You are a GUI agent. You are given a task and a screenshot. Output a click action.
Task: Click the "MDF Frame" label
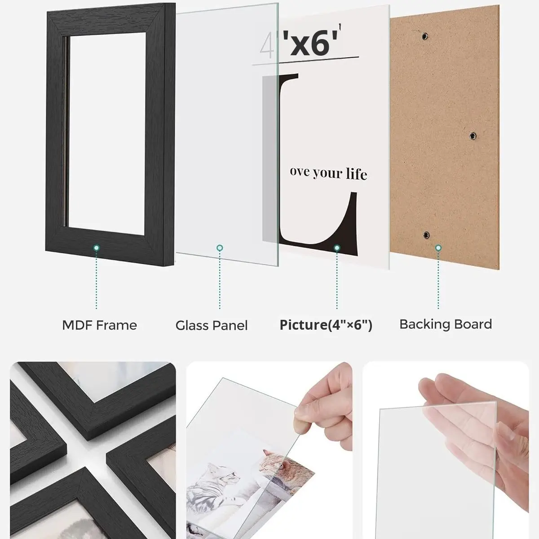pos(99,326)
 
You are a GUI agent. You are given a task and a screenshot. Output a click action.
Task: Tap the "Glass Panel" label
pos(212,326)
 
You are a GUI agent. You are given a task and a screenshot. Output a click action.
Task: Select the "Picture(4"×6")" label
pos(326,325)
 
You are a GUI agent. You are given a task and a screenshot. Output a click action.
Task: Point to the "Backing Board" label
pos(446,324)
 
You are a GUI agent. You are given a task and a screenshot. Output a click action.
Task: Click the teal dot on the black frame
pos(97,247)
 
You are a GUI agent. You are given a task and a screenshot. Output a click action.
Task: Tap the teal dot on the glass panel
pos(220,247)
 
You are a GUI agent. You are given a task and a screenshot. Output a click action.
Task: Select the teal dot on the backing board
pos(438,247)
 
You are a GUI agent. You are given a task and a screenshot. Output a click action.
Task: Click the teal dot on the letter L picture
pos(337,247)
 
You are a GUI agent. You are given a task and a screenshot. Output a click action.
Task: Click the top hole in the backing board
pos(425,35)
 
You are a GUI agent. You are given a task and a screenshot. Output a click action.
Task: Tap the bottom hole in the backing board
pos(426,234)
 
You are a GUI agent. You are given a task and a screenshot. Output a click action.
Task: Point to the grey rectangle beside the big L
pos(271,159)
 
